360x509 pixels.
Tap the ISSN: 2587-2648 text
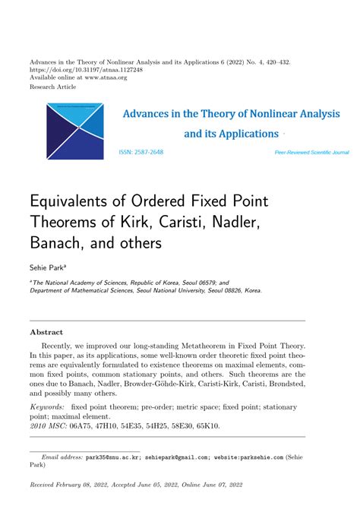click(141, 152)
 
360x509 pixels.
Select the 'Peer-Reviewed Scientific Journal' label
click(311, 153)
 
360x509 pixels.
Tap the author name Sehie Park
click(47, 268)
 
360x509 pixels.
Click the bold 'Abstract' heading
click(46, 332)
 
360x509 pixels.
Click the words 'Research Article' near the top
click(53, 87)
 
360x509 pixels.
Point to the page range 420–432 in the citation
click(272, 60)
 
